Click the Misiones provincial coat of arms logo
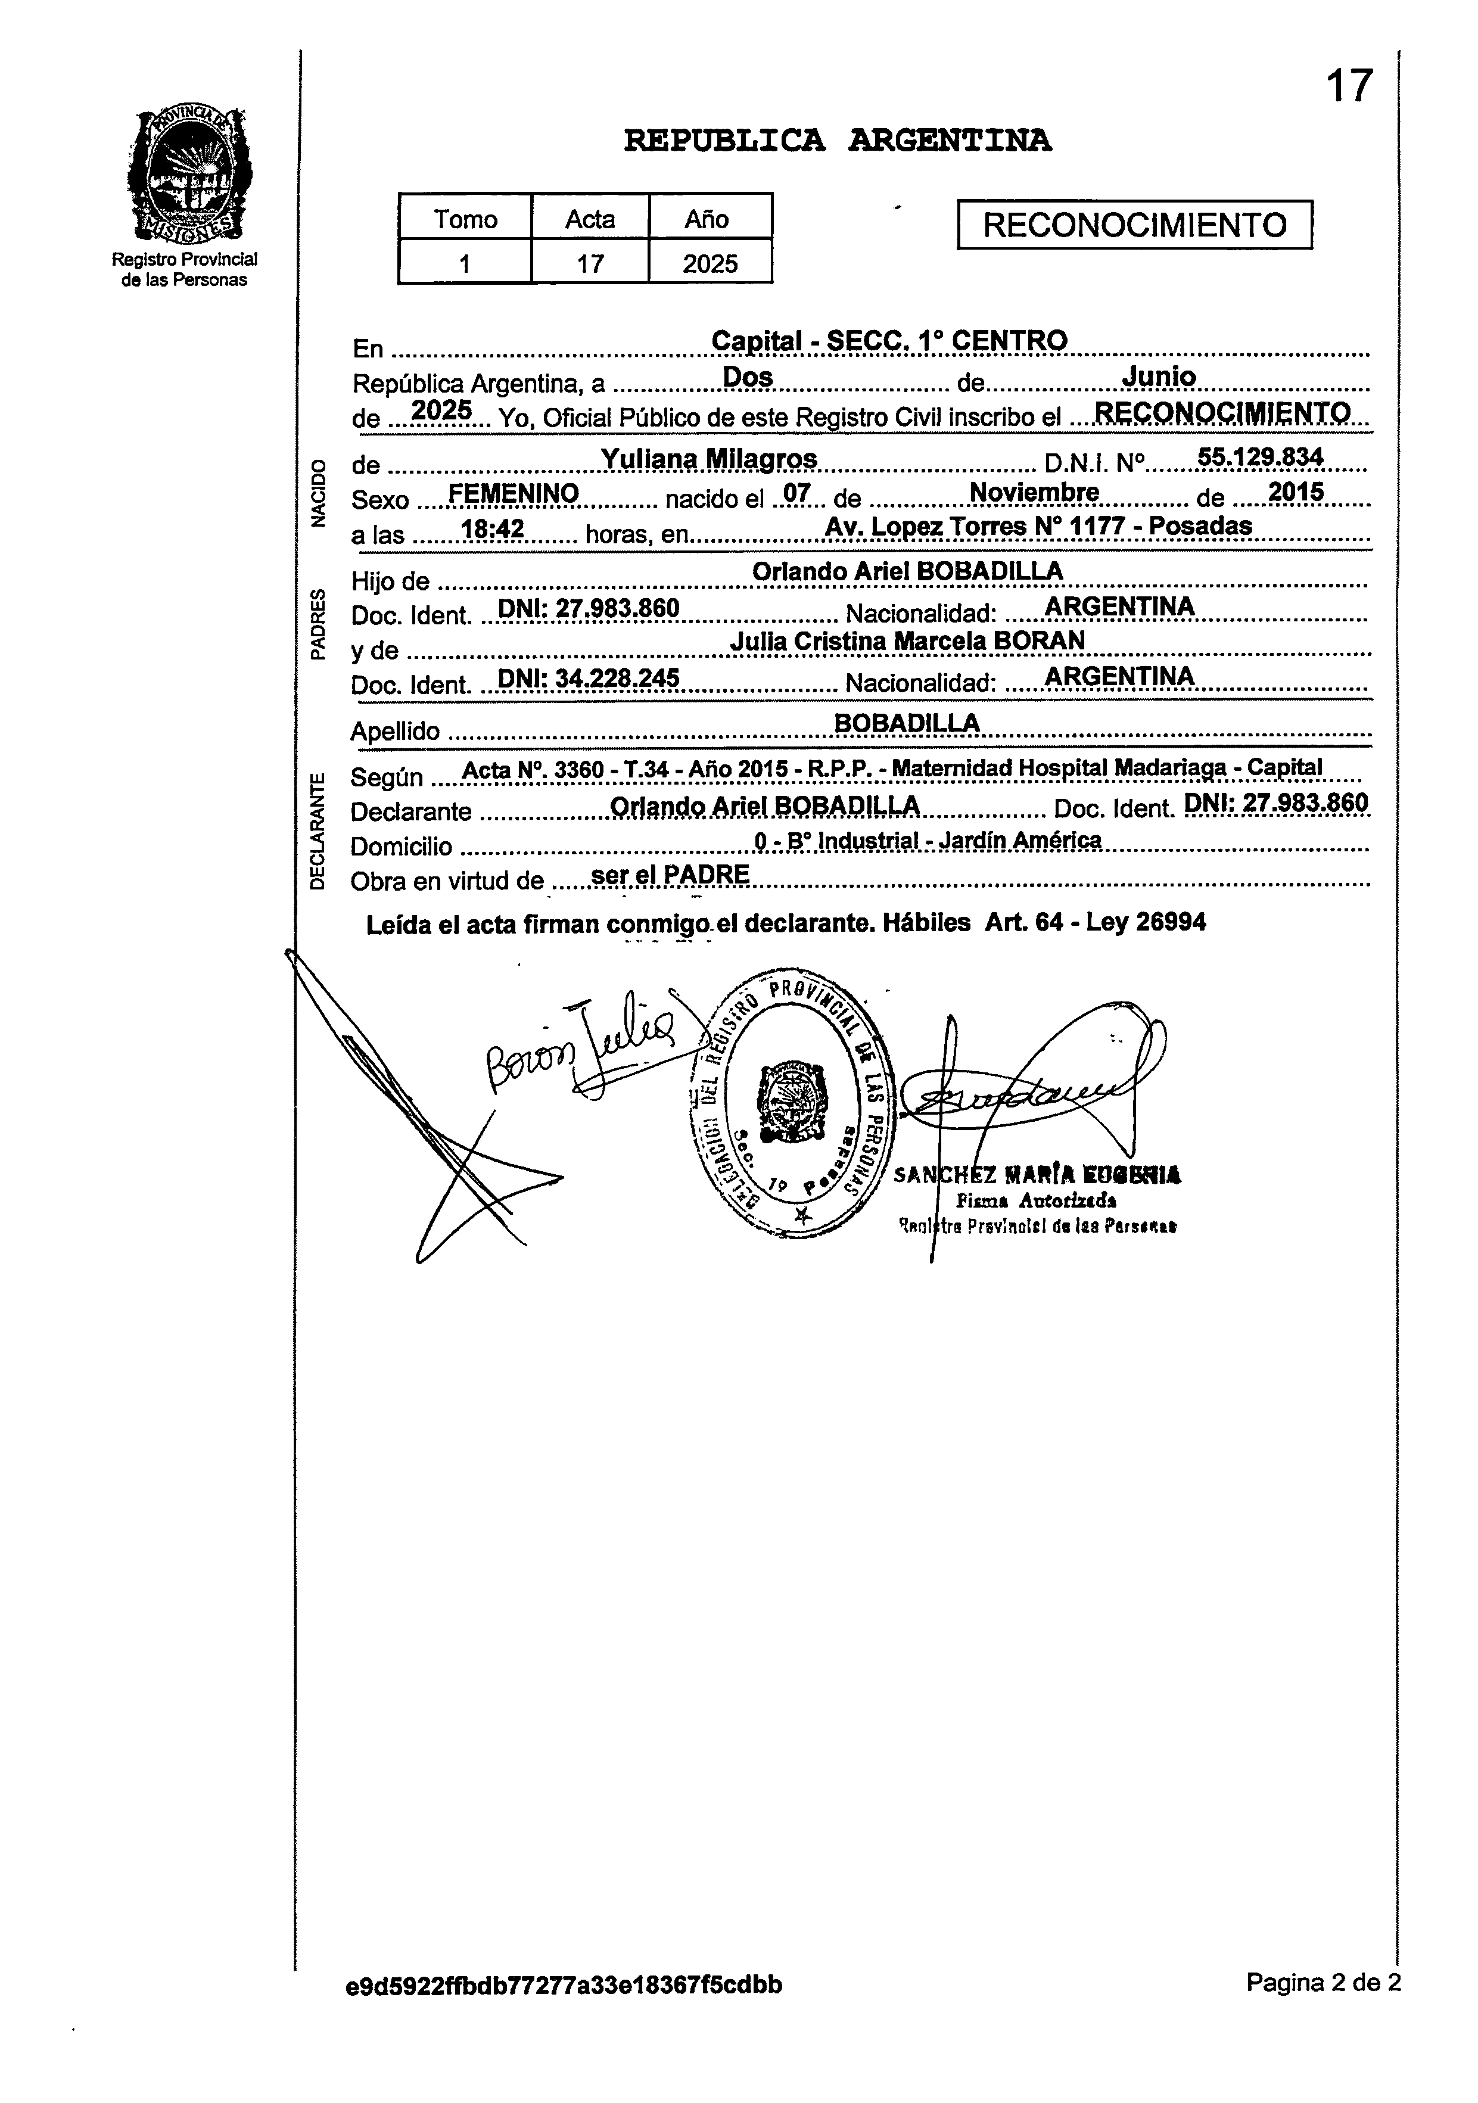pos(191,174)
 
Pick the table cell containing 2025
pos(710,264)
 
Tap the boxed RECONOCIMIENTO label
pos(1135,225)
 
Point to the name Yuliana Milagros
pos(709,459)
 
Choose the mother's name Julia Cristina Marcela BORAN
pos(907,641)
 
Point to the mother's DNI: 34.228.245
pos(587,678)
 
